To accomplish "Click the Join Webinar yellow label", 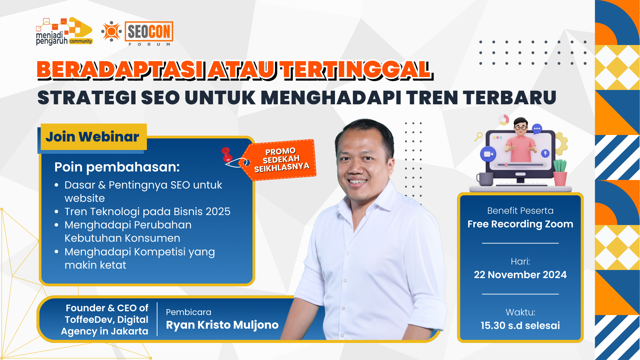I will tap(93, 137).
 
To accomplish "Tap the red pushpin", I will tap(226, 154).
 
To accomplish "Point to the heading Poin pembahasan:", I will tap(117, 167).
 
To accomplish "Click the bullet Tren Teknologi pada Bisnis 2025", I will tap(147, 211).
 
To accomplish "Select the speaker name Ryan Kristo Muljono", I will tap(222, 325).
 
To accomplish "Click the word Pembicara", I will tap(188, 312).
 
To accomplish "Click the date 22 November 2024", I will tap(520, 275).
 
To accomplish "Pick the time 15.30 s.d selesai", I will tap(520, 326).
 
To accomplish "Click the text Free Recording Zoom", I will tap(520, 224).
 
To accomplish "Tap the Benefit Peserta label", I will tap(520, 211).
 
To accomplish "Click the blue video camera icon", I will tap(488, 154).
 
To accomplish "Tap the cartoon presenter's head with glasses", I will tap(520, 126).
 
